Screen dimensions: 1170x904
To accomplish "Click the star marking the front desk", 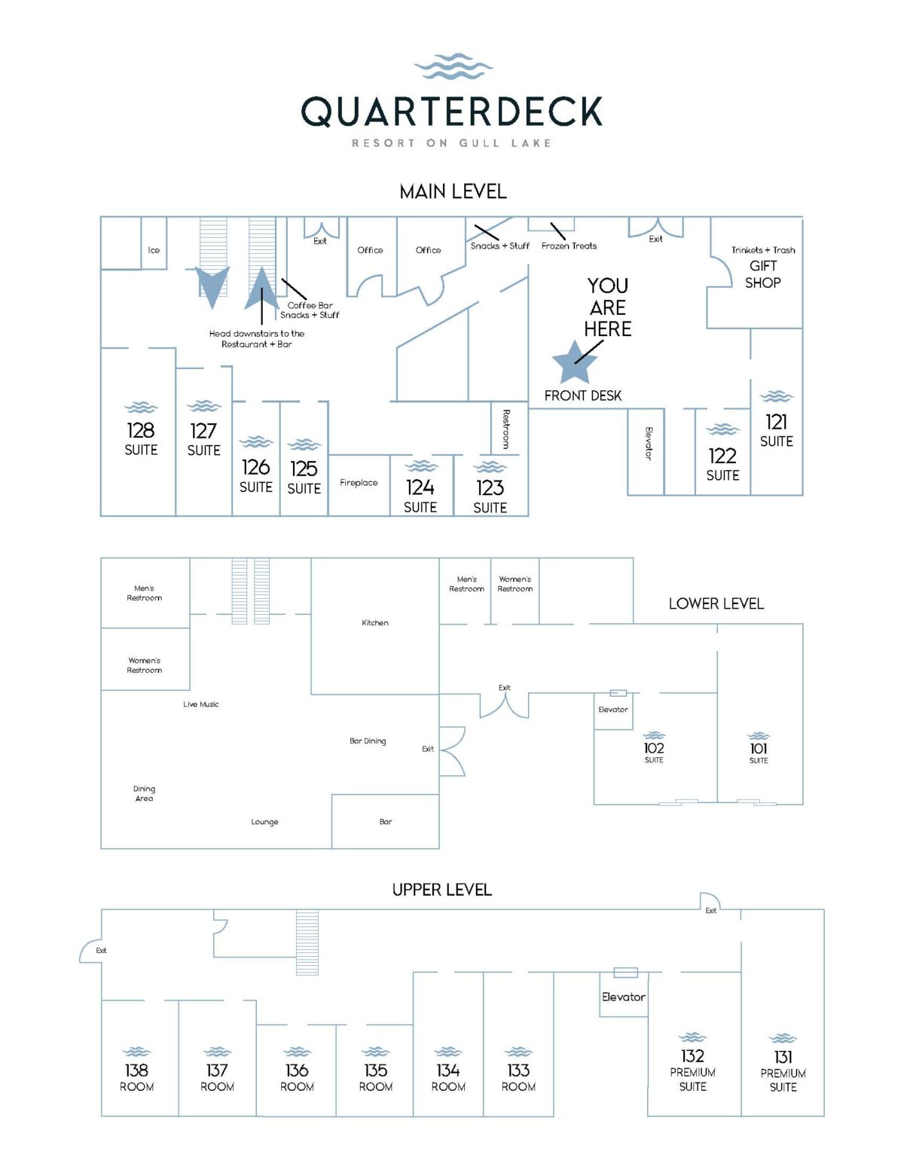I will point(575,362).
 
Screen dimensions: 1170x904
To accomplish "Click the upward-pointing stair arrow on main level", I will point(261,289).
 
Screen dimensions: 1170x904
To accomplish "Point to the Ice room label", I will point(154,250).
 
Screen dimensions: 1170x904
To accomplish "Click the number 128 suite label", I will point(141,431).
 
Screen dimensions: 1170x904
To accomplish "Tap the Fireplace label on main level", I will point(359,483).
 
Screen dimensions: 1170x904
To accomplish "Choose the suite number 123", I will point(490,488).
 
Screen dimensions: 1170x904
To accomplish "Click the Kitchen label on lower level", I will point(375,623).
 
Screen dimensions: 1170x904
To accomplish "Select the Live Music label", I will point(201,704).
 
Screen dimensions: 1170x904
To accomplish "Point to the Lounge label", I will point(264,822).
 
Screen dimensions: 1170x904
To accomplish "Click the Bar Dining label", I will point(368,741).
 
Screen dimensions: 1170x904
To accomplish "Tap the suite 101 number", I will point(759,748).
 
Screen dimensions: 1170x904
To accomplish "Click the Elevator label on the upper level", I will point(623,997).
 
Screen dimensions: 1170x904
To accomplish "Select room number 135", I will point(375,1070).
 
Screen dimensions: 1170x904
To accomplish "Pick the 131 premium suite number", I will point(783,1057).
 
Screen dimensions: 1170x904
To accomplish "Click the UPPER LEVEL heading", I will point(441,890).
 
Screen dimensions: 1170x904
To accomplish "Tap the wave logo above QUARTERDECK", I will point(453,67).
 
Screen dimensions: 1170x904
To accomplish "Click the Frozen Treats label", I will point(569,246).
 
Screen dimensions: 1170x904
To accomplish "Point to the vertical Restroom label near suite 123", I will point(506,429).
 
